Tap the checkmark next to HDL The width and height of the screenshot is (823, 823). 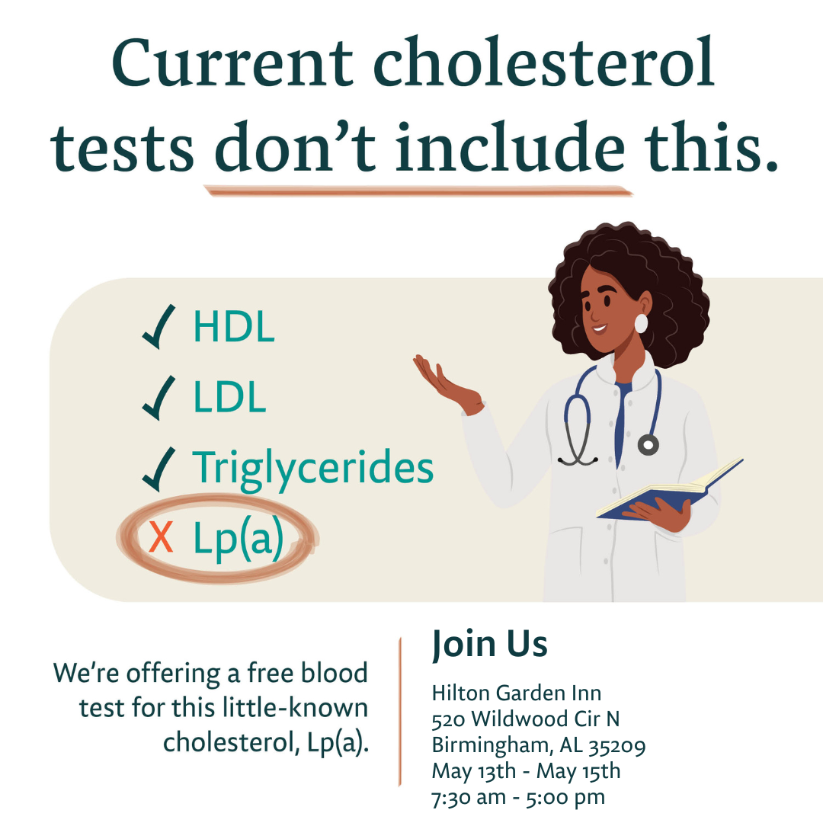point(159,326)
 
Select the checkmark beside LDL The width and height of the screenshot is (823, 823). point(159,398)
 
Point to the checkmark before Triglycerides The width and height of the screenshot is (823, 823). point(159,469)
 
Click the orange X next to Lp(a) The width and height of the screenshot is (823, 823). point(161,537)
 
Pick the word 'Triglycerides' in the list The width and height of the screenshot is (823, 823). point(313,469)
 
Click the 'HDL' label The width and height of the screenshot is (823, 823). point(234,326)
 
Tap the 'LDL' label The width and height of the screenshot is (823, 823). point(230,397)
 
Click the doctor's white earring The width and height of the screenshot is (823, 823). point(641,323)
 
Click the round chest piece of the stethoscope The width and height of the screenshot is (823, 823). point(648,444)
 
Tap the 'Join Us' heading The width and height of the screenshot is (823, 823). point(490,644)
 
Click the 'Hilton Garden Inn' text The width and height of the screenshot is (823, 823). point(517,693)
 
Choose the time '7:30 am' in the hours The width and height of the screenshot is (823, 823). point(469,797)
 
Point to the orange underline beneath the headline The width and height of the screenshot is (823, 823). point(418,191)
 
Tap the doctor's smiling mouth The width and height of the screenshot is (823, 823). point(599,329)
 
